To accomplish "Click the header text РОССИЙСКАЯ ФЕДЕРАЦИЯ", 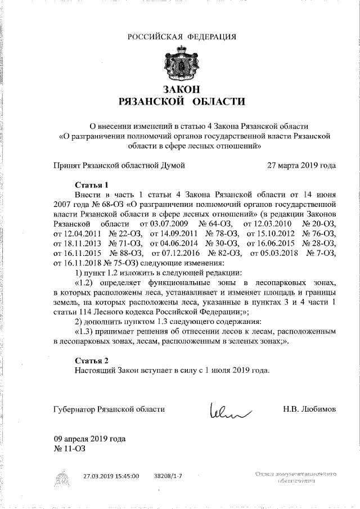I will point(181,37).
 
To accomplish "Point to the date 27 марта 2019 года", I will point(301,165).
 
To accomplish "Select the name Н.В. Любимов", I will point(309,409).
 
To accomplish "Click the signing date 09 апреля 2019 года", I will point(89,439).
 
